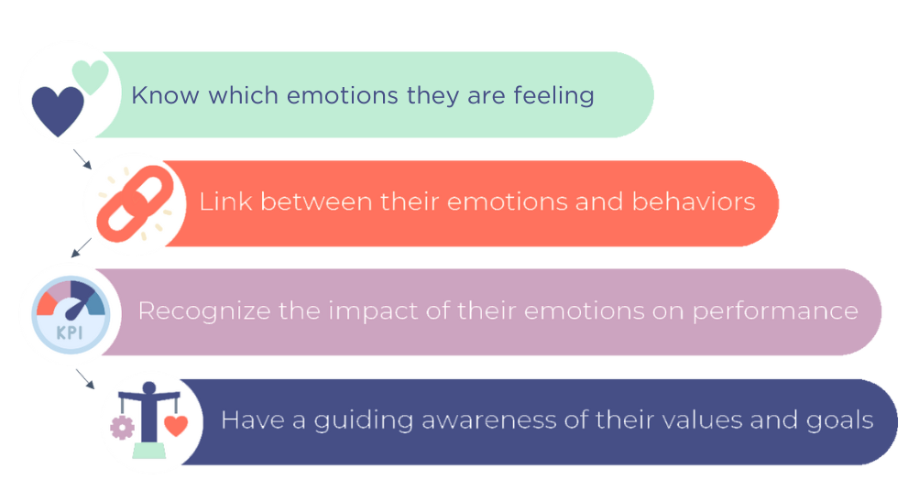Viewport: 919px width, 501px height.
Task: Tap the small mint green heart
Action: tap(90, 75)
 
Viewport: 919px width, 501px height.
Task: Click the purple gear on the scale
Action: tap(121, 426)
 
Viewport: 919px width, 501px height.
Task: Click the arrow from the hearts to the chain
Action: tap(83, 160)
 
